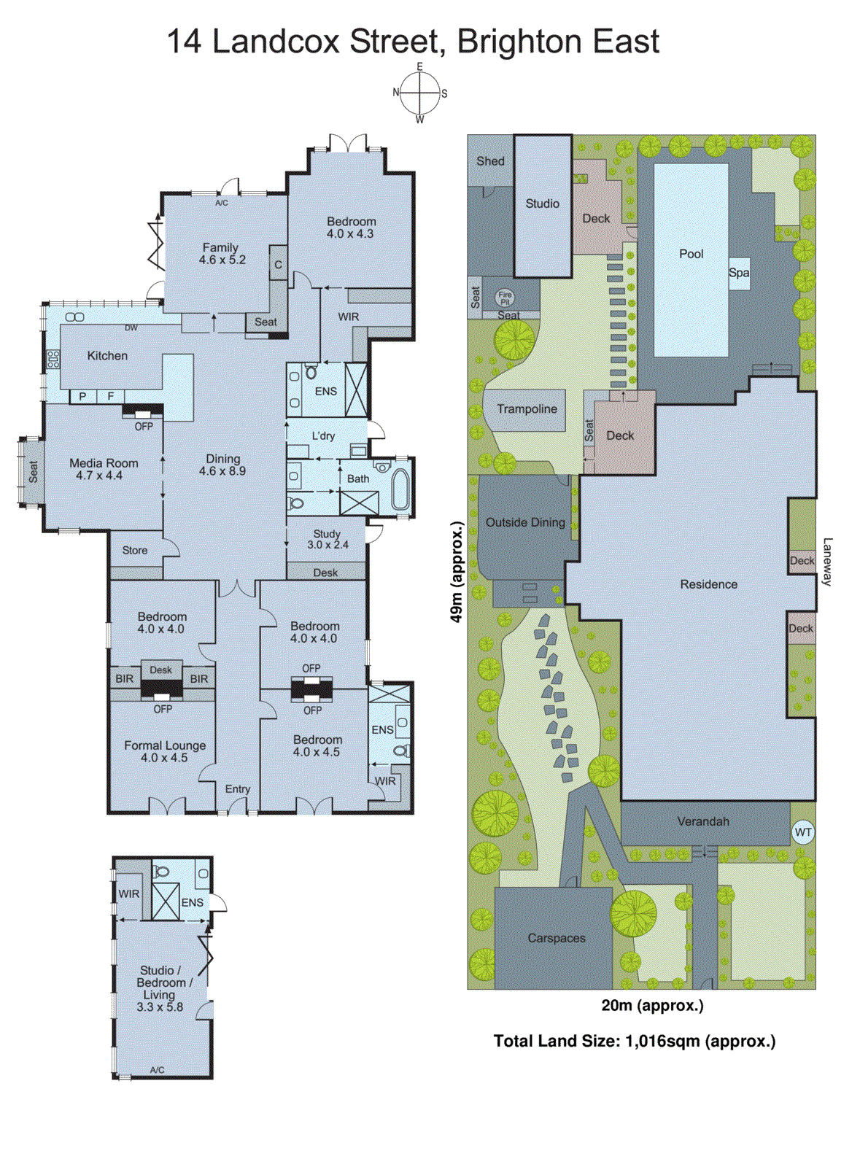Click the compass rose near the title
click(x=420, y=93)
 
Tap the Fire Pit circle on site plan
click(x=505, y=298)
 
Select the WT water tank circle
click(x=802, y=832)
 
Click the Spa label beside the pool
click(x=739, y=273)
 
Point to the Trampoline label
click(x=527, y=409)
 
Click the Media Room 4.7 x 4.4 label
click(x=103, y=469)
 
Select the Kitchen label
click(x=107, y=356)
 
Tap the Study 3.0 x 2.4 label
click(x=328, y=539)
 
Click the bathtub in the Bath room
click(x=401, y=489)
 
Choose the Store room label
click(x=135, y=551)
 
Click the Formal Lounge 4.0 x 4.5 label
click(x=165, y=751)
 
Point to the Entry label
click(x=238, y=789)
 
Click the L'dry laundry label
click(x=323, y=435)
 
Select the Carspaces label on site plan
click(x=557, y=938)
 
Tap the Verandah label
click(x=703, y=821)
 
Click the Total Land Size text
click(x=634, y=1041)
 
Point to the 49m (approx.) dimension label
click(x=457, y=572)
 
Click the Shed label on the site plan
click(x=490, y=161)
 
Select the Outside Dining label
click(x=525, y=522)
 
